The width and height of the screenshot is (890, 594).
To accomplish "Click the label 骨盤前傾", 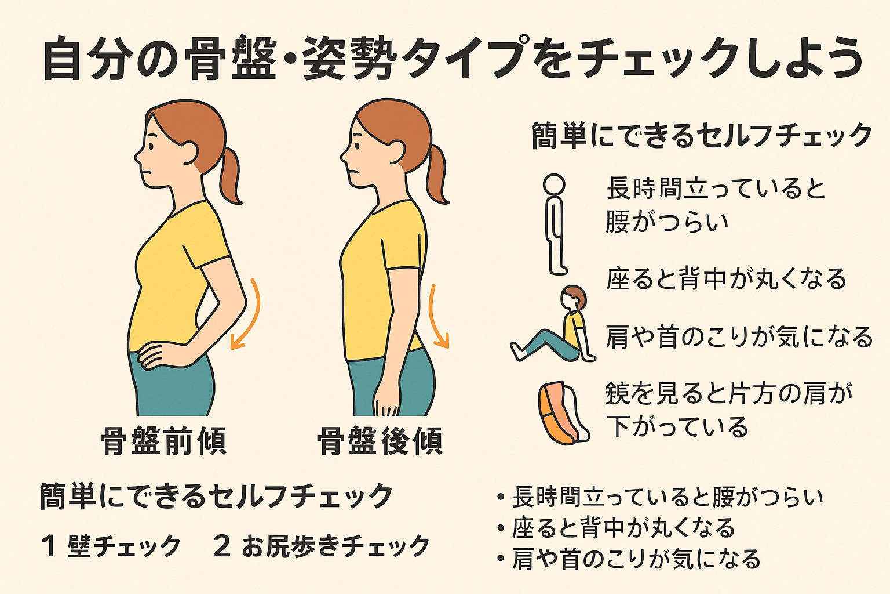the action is point(163,441).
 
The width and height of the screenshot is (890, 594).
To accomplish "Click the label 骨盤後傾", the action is point(380,441).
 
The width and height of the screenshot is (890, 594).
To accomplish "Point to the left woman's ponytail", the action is point(231,175).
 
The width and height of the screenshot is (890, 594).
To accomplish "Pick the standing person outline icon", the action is point(555,224).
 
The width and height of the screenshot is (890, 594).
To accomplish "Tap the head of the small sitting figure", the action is point(574,298).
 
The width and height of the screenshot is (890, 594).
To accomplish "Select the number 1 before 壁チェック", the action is point(49,546).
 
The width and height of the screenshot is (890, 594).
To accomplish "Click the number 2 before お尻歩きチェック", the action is point(222,546).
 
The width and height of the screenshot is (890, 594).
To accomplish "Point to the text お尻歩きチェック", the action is point(335,546).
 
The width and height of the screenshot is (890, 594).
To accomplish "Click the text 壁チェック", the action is point(125,546).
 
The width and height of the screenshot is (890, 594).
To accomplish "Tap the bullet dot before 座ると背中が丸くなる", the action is point(501,528).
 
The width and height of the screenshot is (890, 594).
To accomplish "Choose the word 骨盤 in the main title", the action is point(231,58).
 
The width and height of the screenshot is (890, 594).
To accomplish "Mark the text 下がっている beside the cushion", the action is point(677,426).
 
